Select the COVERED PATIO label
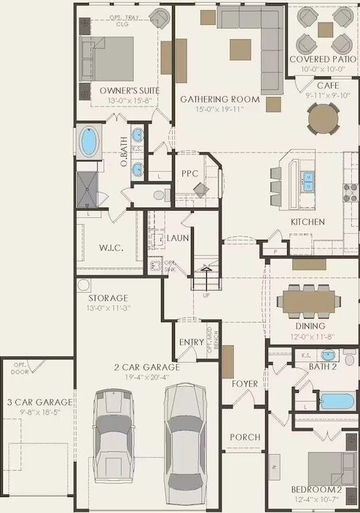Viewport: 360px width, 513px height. [x=323, y=59]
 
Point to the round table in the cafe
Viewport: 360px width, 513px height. [x=323, y=117]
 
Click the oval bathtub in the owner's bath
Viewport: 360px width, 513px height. [x=89, y=142]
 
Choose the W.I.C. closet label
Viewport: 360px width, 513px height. [x=111, y=248]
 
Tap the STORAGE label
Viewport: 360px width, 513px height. [x=108, y=298]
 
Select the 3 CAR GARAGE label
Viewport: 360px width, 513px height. [x=39, y=402]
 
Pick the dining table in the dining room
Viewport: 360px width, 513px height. [x=315, y=299]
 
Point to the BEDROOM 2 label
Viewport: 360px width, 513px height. [x=316, y=489]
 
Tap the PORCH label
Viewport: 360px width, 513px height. [x=245, y=437]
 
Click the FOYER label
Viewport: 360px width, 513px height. [x=245, y=383]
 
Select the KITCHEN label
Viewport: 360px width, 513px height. [x=308, y=222]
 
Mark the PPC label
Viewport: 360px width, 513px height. [x=191, y=174]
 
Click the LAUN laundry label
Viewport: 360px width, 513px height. [x=178, y=238]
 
